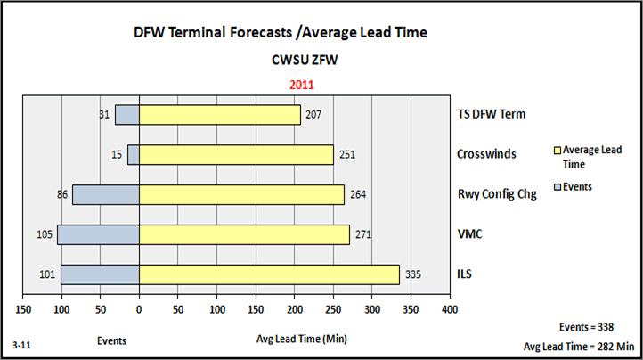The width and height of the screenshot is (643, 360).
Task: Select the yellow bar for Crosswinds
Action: coord(236,154)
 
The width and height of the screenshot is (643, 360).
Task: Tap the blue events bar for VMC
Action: coord(98,234)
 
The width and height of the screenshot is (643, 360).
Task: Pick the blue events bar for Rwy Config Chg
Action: coord(105,194)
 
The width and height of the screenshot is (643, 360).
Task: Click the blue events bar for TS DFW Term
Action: coord(127,115)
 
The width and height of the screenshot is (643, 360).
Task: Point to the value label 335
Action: coord(413,274)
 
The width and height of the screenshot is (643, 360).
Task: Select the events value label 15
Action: coord(116,154)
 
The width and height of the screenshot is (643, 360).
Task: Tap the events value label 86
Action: coord(61,194)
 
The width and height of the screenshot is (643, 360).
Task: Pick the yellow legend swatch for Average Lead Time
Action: coord(558,151)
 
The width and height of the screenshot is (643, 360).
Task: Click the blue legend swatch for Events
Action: coord(558,186)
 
